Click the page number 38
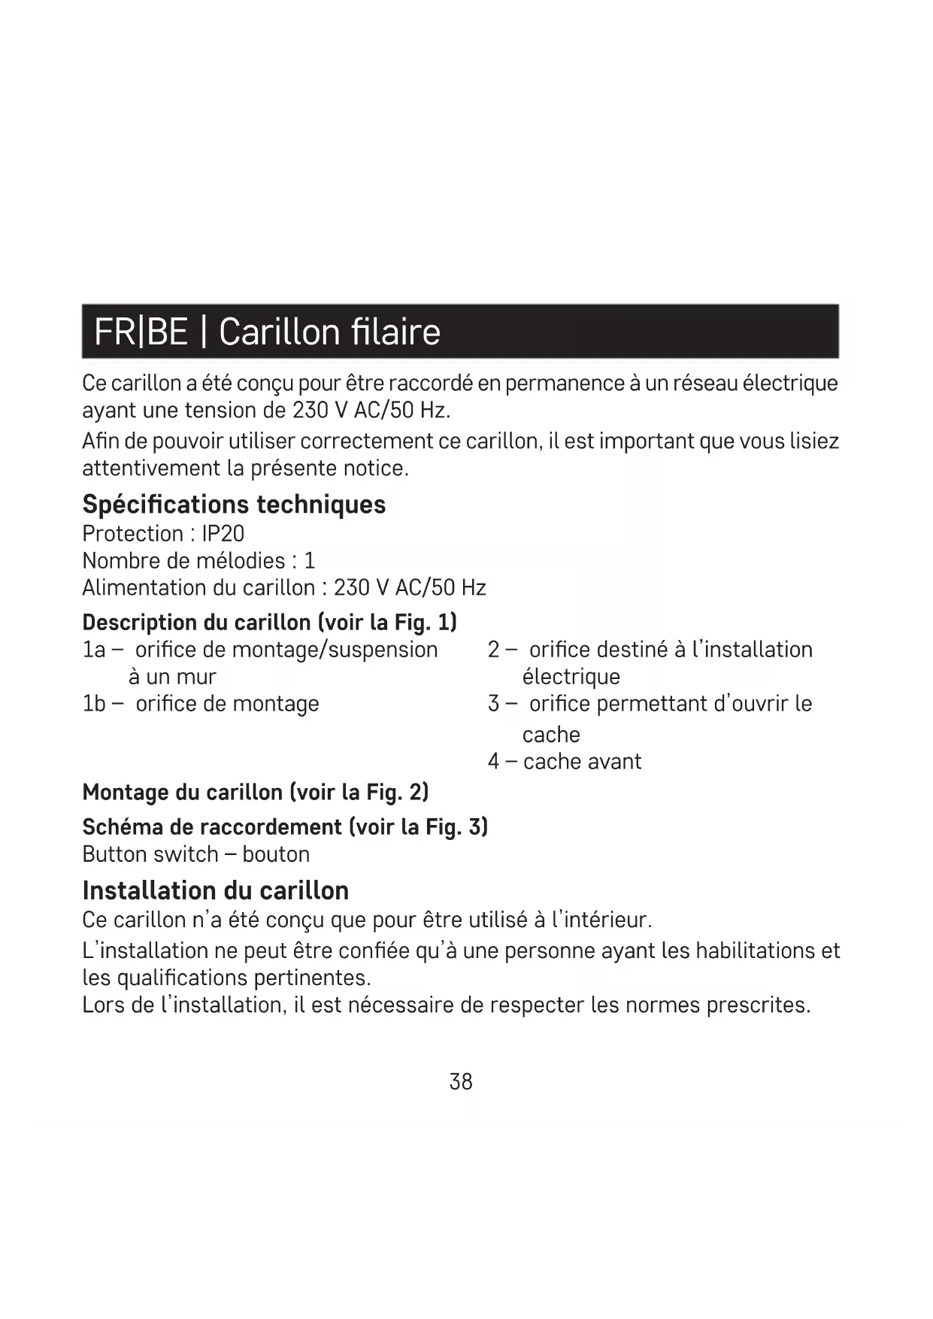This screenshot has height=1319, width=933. (460, 1081)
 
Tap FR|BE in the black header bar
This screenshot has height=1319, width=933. (141, 332)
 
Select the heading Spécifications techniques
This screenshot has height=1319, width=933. (234, 504)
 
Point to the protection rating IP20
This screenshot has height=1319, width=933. (223, 533)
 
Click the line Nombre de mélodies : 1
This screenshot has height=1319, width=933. (198, 560)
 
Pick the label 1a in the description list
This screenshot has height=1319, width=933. (94, 650)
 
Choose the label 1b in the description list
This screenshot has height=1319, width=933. (94, 704)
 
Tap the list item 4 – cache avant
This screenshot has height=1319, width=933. (564, 761)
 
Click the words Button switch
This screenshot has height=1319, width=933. (150, 854)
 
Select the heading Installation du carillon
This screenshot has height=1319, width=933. (215, 890)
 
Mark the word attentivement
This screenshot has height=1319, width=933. (150, 468)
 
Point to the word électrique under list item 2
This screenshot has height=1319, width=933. (571, 677)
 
